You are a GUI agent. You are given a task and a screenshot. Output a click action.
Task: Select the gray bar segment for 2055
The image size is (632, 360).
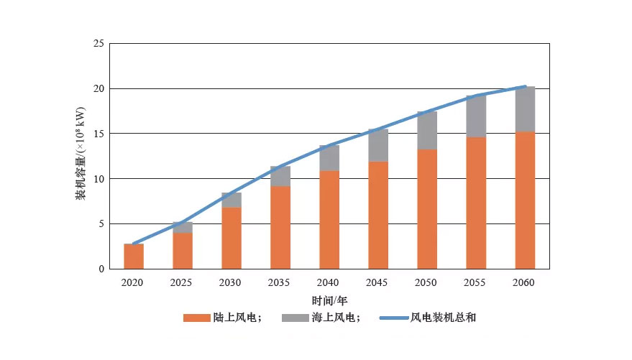475,116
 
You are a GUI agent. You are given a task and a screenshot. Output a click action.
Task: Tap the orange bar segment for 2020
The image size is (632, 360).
133,257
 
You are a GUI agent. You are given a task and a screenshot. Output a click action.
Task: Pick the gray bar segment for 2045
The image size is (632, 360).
377,145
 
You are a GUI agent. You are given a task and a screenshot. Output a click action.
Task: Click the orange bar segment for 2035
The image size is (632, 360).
280,227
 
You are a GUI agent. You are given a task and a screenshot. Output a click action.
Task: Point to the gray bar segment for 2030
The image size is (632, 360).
231,200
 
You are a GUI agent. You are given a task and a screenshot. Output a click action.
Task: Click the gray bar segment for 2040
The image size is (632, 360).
329,158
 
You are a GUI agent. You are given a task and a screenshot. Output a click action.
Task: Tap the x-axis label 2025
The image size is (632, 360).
181,283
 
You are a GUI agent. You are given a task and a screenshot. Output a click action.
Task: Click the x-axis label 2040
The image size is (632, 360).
328,283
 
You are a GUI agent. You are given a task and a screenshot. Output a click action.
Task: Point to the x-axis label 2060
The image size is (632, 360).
523,283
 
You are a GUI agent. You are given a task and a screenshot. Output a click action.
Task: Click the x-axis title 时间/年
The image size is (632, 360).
329,300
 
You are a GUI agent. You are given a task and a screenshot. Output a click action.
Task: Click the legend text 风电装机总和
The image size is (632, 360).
442,318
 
